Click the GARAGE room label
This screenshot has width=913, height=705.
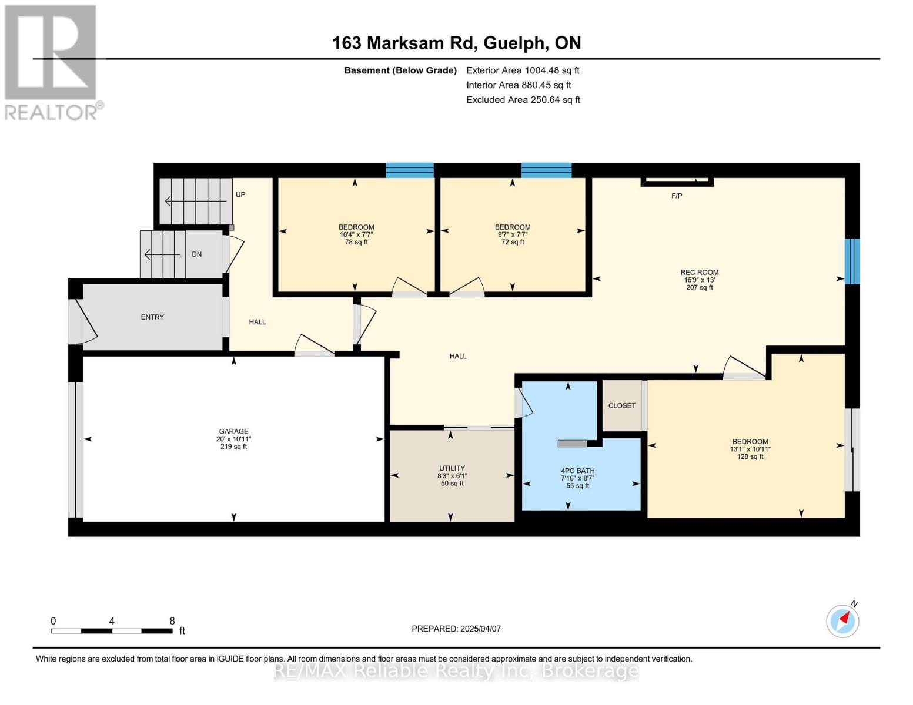tap(233, 431)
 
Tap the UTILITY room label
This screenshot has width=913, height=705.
tap(452, 468)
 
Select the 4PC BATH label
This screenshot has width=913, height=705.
tap(577, 471)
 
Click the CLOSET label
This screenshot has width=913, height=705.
tap(621, 405)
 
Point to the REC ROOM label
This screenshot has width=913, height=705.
tap(699, 273)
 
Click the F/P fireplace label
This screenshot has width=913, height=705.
tap(677, 196)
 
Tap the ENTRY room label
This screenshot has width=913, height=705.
tap(152, 317)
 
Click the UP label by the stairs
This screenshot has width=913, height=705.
tap(240, 194)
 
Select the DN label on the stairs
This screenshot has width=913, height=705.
tap(197, 254)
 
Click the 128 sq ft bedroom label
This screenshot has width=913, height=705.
tap(750, 456)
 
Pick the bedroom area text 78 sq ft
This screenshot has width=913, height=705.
tap(356, 242)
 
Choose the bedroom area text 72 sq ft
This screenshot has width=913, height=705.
tap(513, 242)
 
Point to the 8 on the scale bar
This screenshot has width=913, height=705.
tap(172, 620)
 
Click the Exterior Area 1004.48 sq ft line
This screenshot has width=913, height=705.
tap(523, 70)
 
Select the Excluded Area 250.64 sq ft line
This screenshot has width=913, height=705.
tap(523, 100)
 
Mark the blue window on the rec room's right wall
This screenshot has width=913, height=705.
tap(852, 261)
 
